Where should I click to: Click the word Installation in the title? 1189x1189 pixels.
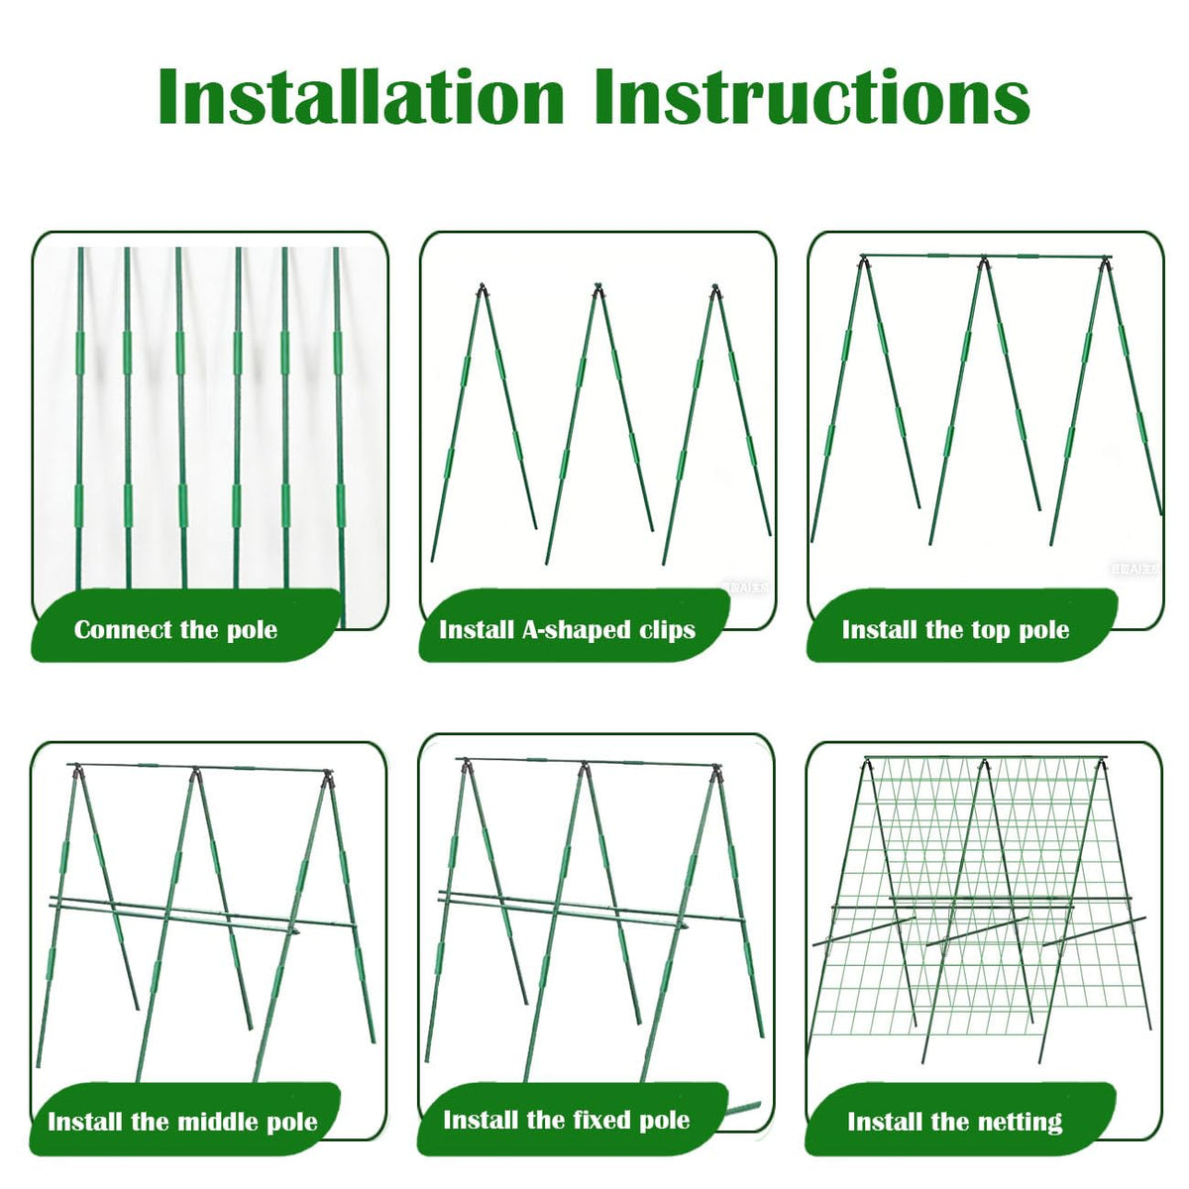tap(361, 97)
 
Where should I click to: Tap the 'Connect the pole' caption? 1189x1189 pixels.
tap(175, 630)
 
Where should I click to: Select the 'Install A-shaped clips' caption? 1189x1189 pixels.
tap(567, 630)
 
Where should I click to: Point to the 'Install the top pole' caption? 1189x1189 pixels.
tap(956, 630)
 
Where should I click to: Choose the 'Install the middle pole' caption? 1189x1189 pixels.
tap(182, 1121)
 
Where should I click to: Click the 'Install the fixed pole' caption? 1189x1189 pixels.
tap(567, 1120)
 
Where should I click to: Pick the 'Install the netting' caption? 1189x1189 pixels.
tap(955, 1121)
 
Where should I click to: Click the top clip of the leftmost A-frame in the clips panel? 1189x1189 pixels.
tap(482, 289)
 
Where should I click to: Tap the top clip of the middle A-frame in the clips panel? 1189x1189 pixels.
tap(597, 289)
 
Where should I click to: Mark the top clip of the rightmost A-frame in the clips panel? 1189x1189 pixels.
tap(714, 289)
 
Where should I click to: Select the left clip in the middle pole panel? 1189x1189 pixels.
tap(77, 771)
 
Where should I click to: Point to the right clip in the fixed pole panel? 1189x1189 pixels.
tap(715, 771)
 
